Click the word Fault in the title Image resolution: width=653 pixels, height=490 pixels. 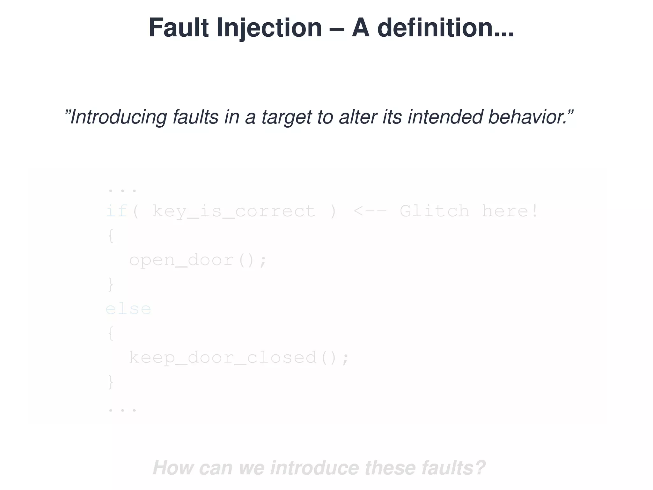click(179, 28)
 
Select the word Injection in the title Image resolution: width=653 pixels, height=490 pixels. click(269, 28)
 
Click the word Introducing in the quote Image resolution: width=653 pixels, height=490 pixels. click(118, 117)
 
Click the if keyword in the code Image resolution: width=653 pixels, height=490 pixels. click(117, 211)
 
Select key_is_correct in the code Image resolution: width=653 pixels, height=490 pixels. click(234, 211)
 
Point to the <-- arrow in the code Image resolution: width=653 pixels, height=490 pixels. click(370, 211)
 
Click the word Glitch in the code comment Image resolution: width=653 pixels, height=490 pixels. click(434, 211)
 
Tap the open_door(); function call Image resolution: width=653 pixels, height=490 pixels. click(198, 260)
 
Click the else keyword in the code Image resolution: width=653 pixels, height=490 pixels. click(128, 309)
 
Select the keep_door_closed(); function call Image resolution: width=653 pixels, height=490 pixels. click(239, 358)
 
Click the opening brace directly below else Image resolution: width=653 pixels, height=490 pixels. click(111, 334)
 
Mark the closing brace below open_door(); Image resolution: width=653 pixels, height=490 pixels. click(111, 285)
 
